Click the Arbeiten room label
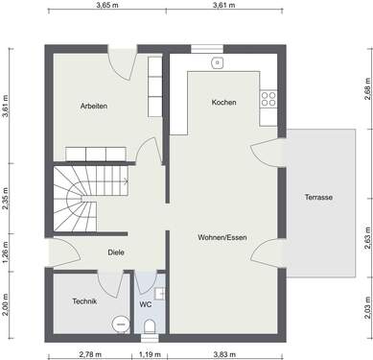(94, 106)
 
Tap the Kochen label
(223, 102)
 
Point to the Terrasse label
(318, 197)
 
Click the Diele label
(116, 252)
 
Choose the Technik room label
(84, 301)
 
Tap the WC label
(146, 305)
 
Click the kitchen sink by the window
(219, 62)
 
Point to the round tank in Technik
(120, 324)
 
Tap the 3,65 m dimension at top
(107, 6)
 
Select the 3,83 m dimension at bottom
(225, 354)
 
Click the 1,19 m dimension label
(148, 354)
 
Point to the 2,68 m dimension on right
(367, 92)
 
